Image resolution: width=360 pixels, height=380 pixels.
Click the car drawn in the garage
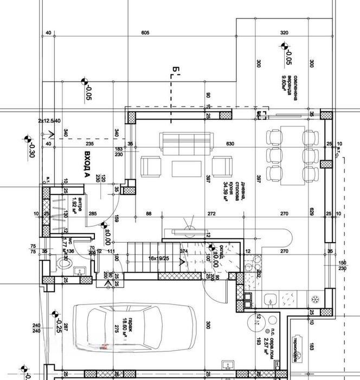132,328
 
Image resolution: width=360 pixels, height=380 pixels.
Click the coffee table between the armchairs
187,167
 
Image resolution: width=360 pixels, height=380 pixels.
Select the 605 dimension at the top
145,33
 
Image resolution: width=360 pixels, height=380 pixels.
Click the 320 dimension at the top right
284,33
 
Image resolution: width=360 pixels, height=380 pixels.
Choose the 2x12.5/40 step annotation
49,121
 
